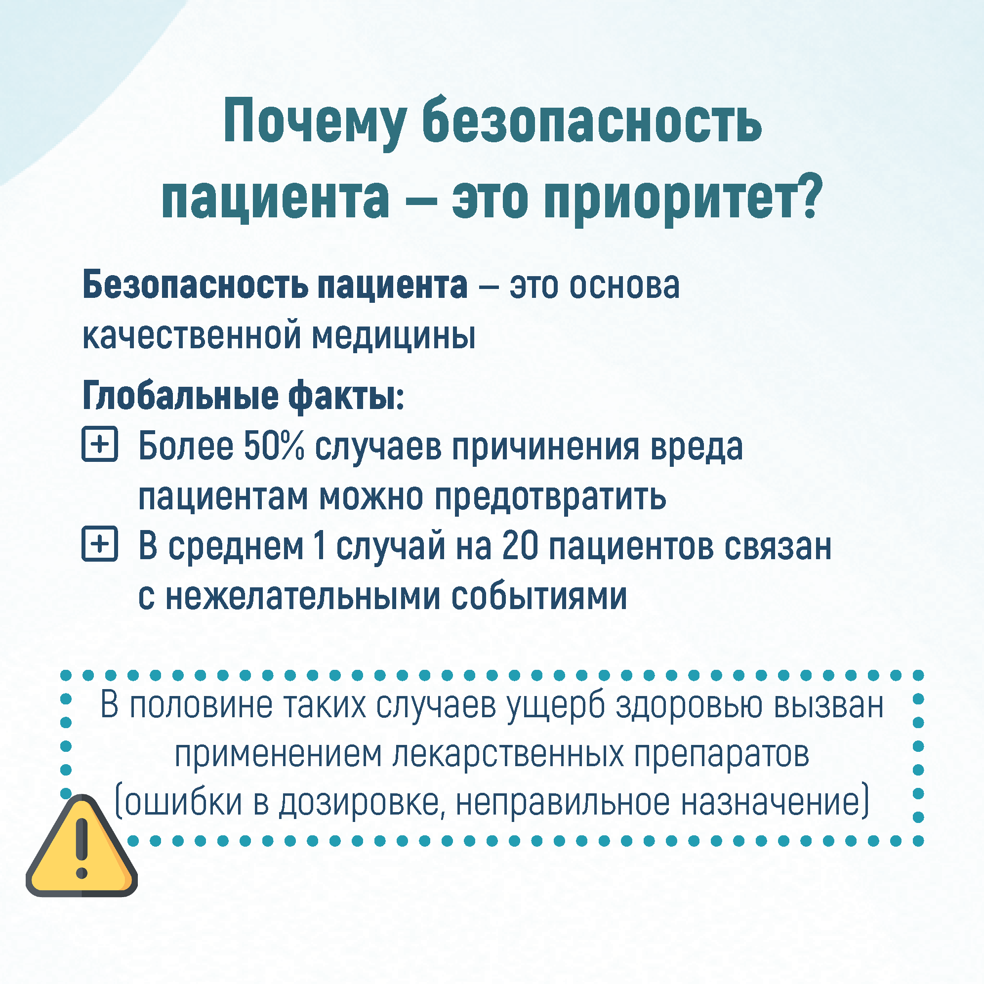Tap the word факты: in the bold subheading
(346, 396)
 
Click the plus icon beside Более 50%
(100, 445)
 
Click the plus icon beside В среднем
(100, 544)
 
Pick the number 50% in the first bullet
(274, 446)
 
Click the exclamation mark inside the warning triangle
(82, 848)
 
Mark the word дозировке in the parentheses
(359, 804)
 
